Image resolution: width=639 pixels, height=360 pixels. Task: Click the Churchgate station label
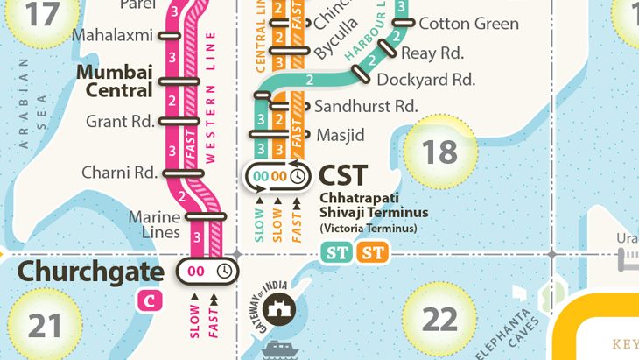pos(90,272)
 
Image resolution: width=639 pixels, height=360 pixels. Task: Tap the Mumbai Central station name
pos(115,80)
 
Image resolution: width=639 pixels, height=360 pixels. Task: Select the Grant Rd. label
pos(120,122)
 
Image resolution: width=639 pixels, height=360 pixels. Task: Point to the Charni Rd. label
pos(119,173)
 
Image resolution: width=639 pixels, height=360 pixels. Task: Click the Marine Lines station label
pos(154,224)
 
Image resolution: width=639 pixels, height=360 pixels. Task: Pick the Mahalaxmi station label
pos(112,36)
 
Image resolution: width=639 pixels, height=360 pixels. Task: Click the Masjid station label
pos(340,135)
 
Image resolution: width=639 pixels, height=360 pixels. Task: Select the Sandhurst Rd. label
pos(366,107)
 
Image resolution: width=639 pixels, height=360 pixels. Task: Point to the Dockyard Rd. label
pos(425,80)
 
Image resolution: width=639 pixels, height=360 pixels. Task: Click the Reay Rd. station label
pos(432,53)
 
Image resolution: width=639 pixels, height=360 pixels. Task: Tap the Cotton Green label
pos(468,24)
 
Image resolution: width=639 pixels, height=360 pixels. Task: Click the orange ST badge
pos(374,254)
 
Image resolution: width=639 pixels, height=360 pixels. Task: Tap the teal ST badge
pos(337,254)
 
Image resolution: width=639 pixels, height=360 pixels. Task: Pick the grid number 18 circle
pos(440,152)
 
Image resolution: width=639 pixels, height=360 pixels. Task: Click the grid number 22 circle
pos(440,319)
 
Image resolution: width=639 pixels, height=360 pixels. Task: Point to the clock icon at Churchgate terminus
pos(224,272)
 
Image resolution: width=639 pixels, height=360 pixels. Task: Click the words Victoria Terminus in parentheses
pos(369,229)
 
